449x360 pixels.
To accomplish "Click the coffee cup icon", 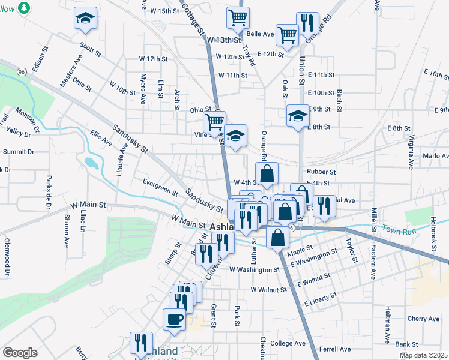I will point(174,319).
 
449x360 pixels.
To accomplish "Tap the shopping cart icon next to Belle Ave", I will point(287,34).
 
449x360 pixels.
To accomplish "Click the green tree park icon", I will point(23,8).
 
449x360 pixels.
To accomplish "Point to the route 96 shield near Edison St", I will point(21,72).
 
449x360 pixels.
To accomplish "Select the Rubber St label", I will point(321,172).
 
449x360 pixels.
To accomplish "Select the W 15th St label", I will point(165,11).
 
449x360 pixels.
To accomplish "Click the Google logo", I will point(20,353).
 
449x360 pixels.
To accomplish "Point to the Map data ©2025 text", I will point(423,355).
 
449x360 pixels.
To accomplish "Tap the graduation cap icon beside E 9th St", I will point(297,115).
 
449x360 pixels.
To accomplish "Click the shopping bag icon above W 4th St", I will point(267,173).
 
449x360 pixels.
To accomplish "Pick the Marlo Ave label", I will point(436,155).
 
